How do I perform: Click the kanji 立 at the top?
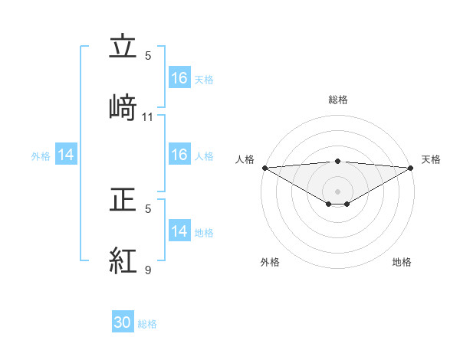point(123,48)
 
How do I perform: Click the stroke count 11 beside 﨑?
point(148,117)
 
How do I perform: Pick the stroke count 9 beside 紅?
point(148,270)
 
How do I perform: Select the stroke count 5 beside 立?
point(148,56)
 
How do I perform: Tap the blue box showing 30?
point(123,322)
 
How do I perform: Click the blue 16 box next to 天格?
point(179,78)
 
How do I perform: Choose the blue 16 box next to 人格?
point(179,155)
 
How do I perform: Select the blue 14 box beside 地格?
point(179,231)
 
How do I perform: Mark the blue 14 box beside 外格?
point(66,155)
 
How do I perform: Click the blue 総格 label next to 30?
point(148,324)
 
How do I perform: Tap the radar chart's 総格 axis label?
point(338,100)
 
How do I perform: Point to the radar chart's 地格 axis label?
point(402,262)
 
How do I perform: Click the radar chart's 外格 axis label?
point(270,262)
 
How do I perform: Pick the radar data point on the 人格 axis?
point(264,168)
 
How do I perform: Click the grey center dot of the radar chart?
point(338,191)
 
